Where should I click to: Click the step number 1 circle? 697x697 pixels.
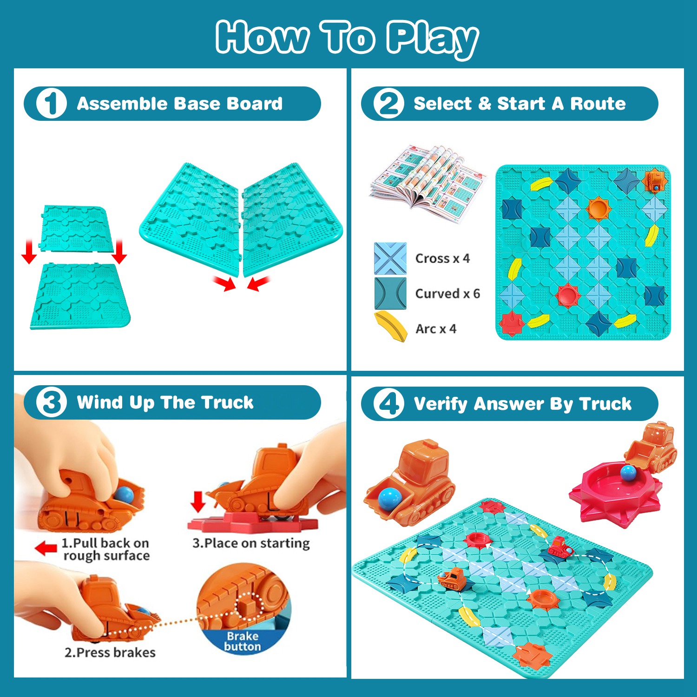51,103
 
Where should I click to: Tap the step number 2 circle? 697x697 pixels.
388,103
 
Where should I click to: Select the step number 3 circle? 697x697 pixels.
51,402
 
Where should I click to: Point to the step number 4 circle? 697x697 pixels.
388,403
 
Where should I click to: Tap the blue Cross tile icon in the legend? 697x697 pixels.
390,258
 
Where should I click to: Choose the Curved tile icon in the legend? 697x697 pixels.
390,293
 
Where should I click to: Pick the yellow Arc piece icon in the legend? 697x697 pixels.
391,327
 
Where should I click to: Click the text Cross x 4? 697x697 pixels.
442,258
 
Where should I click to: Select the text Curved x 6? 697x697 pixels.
447,294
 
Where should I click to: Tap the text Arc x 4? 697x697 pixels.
436,329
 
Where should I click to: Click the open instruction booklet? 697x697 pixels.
427,182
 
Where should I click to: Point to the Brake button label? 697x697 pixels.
242,641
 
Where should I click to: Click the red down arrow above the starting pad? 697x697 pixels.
198,502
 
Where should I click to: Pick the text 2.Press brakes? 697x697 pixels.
110,652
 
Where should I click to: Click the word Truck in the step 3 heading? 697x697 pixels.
227,402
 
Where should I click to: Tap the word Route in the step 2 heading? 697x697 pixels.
598,104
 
